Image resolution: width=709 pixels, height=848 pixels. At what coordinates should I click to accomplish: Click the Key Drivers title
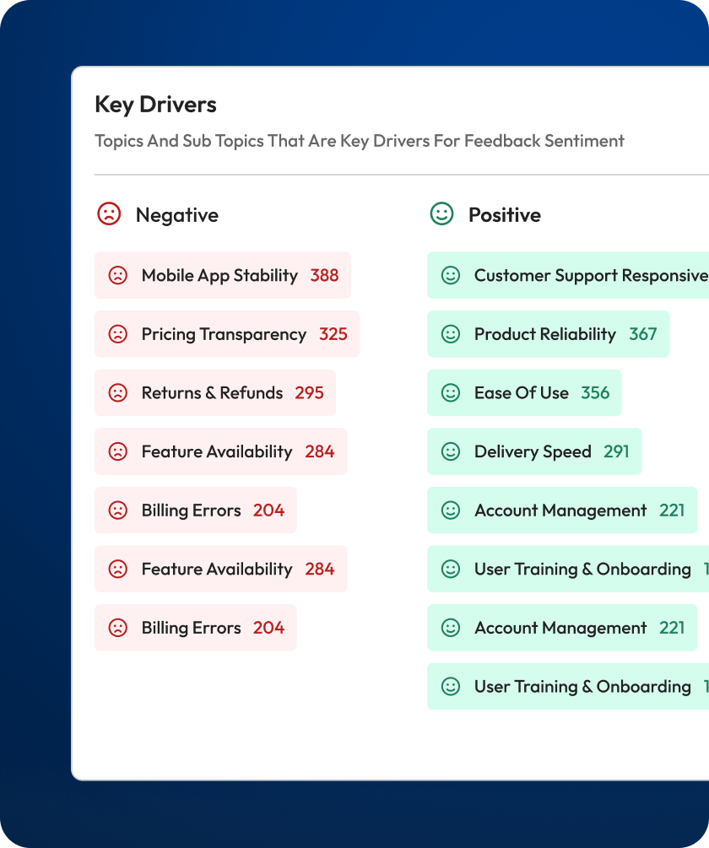[x=155, y=105]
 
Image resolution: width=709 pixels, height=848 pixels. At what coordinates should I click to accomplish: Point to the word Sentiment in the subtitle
[x=584, y=141]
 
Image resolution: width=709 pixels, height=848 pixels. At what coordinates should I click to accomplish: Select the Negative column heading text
[x=176, y=215]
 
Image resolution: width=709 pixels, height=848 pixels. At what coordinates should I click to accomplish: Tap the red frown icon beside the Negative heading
[x=110, y=214]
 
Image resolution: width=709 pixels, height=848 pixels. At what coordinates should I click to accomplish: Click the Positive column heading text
[x=504, y=215]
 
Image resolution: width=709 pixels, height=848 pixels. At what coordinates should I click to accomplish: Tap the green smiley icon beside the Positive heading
[x=441, y=214]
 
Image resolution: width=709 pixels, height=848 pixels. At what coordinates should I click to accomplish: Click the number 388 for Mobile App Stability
[x=324, y=275]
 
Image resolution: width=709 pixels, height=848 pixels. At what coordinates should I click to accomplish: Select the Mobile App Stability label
[x=219, y=275]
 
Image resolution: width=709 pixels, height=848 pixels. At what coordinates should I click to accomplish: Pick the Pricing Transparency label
[x=224, y=334]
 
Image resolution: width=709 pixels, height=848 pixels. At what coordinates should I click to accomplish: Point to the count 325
[x=333, y=334]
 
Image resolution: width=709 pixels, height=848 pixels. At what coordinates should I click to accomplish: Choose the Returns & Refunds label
[x=212, y=393]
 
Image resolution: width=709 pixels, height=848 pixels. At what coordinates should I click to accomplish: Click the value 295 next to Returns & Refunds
[x=309, y=393]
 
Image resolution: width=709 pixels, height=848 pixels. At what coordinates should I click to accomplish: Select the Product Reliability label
[x=545, y=334]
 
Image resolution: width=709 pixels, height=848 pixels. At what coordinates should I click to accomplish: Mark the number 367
[x=642, y=334]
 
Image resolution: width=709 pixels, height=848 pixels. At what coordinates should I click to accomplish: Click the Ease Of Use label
[x=522, y=393]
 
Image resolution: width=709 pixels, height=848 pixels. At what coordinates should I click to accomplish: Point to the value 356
[x=595, y=393]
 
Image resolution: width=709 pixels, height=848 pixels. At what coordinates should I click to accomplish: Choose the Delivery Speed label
[x=533, y=451]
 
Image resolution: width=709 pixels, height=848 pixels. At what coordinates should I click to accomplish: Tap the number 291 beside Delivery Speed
[x=616, y=451]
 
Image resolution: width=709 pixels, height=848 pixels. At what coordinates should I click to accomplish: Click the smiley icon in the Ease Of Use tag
[x=451, y=393]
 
